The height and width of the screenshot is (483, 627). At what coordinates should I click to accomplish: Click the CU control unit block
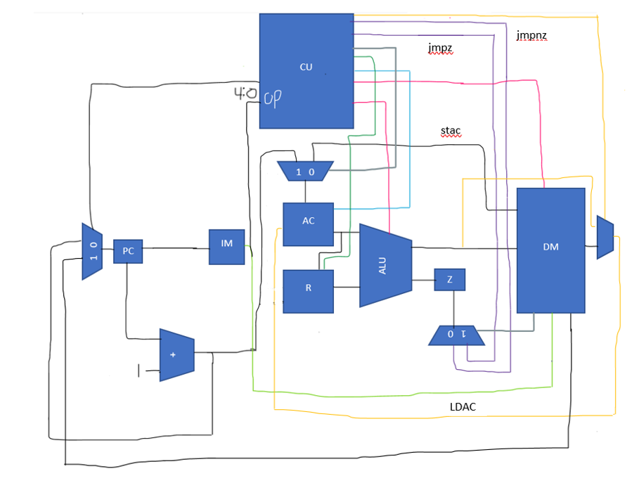tap(306, 71)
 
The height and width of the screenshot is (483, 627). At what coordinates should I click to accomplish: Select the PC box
tap(128, 250)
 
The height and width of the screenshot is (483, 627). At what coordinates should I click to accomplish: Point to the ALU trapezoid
tap(384, 265)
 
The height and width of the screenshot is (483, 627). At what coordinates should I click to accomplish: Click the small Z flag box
tap(450, 280)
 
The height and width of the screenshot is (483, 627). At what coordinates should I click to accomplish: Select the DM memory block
tap(550, 250)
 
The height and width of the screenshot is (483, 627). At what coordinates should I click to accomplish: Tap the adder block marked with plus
tap(176, 354)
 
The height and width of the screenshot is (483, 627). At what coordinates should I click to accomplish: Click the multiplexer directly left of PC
tap(92, 251)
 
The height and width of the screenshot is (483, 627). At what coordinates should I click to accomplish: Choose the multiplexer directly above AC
tap(304, 171)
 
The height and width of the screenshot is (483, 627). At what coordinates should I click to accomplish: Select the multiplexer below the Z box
tap(456, 335)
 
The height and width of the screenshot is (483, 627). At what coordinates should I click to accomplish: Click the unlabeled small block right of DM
tap(605, 237)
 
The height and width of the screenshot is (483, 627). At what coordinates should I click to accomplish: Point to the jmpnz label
tap(531, 35)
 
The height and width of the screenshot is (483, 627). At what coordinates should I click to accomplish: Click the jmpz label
tap(440, 48)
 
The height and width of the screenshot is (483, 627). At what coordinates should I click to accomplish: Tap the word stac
tap(451, 131)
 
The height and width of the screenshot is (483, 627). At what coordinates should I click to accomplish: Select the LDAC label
tap(463, 408)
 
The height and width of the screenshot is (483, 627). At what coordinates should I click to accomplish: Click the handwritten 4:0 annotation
tap(245, 94)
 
